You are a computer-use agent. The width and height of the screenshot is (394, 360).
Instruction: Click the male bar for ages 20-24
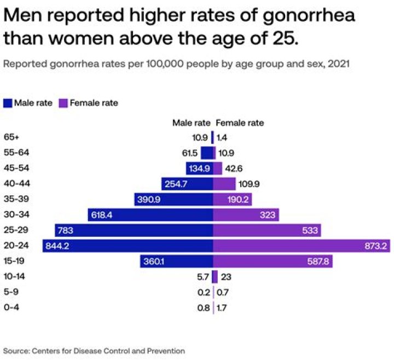[x=128, y=246]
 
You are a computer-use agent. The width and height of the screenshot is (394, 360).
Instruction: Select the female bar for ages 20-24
[x=300, y=246]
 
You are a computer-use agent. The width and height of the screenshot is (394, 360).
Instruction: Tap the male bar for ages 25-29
[x=134, y=230]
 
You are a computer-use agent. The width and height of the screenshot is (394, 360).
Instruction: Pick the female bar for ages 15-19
[x=273, y=262]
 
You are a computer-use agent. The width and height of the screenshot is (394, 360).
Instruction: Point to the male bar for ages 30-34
[x=150, y=215]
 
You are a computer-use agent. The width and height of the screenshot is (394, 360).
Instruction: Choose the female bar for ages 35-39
[x=232, y=200]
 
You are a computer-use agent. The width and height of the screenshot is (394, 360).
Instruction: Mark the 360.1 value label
[x=153, y=262]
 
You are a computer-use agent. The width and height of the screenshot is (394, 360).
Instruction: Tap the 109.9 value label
[x=250, y=184]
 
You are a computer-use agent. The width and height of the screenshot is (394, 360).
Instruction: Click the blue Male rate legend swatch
[x=8, y=103]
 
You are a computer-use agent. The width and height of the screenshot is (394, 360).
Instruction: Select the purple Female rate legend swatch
[x=63, y=103]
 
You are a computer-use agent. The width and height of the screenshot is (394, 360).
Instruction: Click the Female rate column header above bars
[x=240, y=123]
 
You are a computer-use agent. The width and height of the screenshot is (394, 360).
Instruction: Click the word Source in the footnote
[x=16, y=350]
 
